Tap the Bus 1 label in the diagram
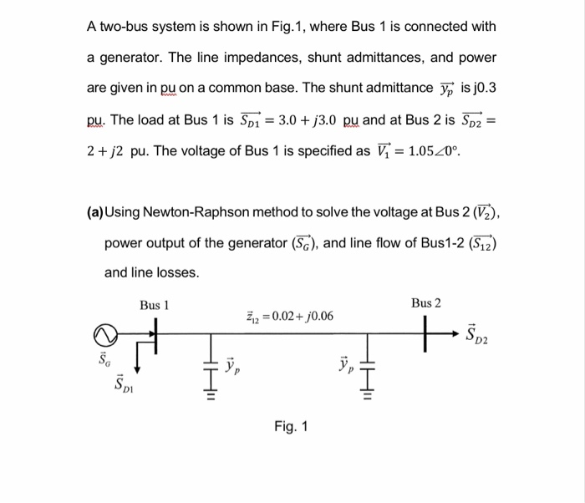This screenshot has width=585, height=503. point(155,306)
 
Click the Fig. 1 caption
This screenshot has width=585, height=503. point(291,426)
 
